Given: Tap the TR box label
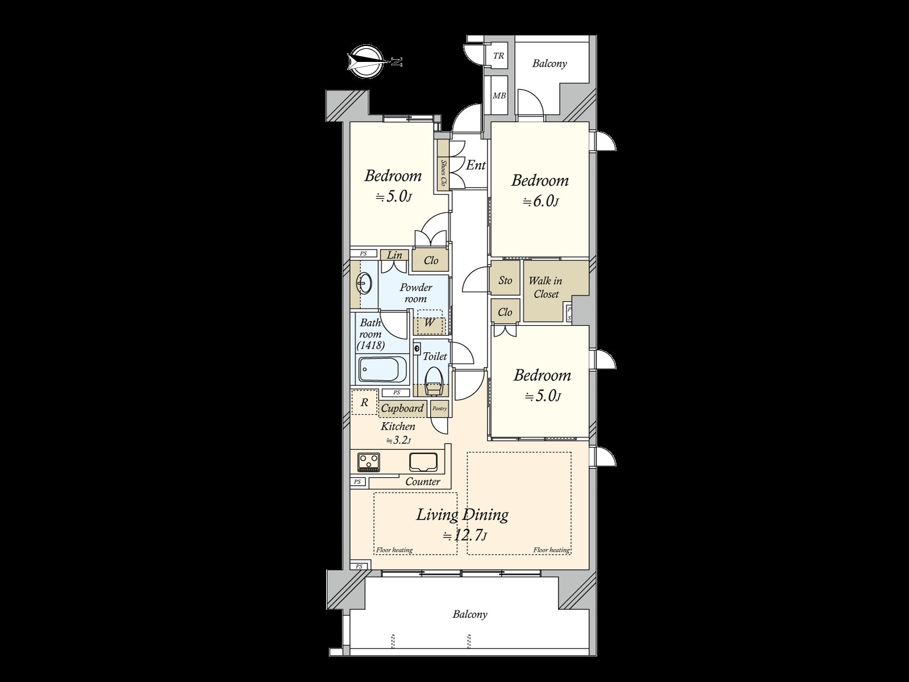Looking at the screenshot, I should pyautogui.click(x=498, y=56).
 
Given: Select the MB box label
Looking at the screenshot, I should pyautogui.click(x=499, y=96).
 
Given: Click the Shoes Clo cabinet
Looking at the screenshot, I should pyautogui.click(x=443, y=173).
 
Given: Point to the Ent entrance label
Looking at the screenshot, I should pyautogui.click(x=476, y=165).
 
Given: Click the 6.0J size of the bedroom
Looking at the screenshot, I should pyautogui.click(x=540, y=202).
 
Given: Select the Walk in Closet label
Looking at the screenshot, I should pyautogui.click(x=545, y=287).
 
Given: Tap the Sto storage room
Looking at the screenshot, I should pyautogui.click(x=505, y=280).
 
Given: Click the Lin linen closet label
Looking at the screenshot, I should pyautogui.click(x=394, y=255).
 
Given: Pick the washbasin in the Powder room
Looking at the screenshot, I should pyautogui.click(x=364, y=282).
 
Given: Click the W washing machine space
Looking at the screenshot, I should pyautogui.click(x=430, y=323).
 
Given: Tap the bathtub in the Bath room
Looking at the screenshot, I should pyautogui.click(x=383, y=370).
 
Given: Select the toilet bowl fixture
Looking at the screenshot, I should pyautogui.click(x=434, y=380).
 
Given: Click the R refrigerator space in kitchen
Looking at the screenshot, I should pyautogui.click(x=365, y=402).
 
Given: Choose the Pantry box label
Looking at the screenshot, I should pyautogui.click(x=439, y=408).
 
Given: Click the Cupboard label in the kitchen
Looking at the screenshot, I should pyautogui.click(x=402, y=408).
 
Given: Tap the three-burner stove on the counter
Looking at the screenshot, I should pyautogui.click(x=369, y=461).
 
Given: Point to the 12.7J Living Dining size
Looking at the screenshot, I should pyautogui.click(x=465, y=535).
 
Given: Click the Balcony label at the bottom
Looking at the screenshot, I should pyautogui.click(x=470, y=614).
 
